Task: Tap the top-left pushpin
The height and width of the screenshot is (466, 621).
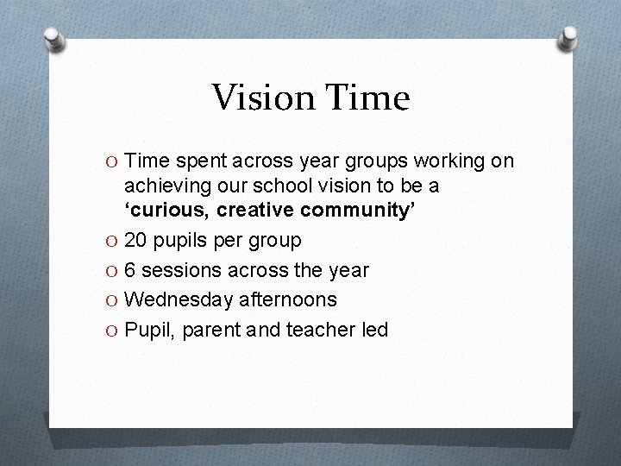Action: coord(55,39)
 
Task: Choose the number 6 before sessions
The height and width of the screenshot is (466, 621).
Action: coord(130,270)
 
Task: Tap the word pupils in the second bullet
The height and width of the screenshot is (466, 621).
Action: coord(179,241)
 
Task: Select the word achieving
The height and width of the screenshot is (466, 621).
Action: coord(163,185)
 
